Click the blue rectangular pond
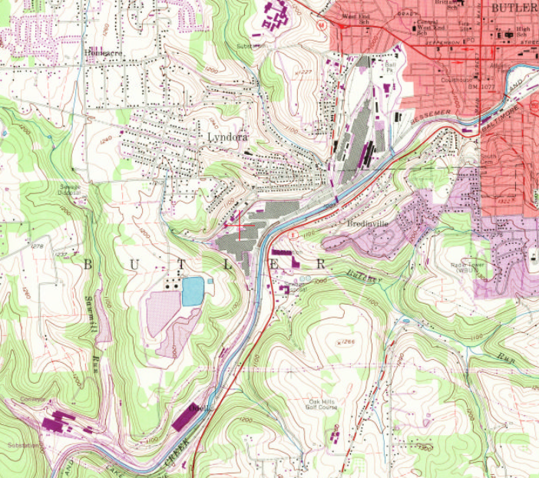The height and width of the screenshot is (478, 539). tap(193, 291)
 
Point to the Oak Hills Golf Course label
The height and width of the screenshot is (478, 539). tap(323, 404)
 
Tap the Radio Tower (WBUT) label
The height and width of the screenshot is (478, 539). tap(466, 268)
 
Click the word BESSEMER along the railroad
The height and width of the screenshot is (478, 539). tap(432, 117)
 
